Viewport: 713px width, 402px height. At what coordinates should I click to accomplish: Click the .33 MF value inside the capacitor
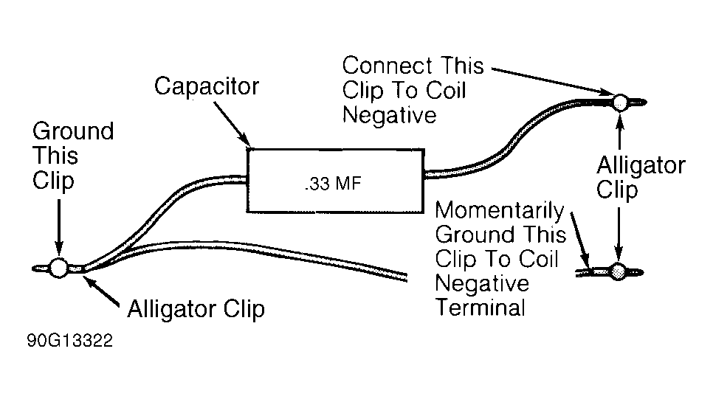[333, 183]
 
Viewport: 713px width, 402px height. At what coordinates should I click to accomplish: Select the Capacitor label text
[207, 86]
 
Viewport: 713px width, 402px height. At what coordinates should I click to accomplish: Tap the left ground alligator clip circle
[58, 268]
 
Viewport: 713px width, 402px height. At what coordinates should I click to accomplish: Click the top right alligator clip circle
[620, 101]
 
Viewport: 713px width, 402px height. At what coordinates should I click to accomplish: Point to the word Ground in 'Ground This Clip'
[73, 132]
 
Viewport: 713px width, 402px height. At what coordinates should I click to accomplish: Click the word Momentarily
[499, 212]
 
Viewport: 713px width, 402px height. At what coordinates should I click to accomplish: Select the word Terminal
[480, 307]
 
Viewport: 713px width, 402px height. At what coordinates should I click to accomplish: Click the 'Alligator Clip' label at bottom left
[196, 308]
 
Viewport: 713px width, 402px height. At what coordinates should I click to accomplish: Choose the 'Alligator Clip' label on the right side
[640, 178]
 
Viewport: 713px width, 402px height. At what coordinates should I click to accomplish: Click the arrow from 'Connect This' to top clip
[554, 80]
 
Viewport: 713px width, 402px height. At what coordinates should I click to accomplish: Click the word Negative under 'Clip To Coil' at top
[390, 115]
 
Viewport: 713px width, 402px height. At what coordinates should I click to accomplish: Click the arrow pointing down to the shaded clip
[620, 236]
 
